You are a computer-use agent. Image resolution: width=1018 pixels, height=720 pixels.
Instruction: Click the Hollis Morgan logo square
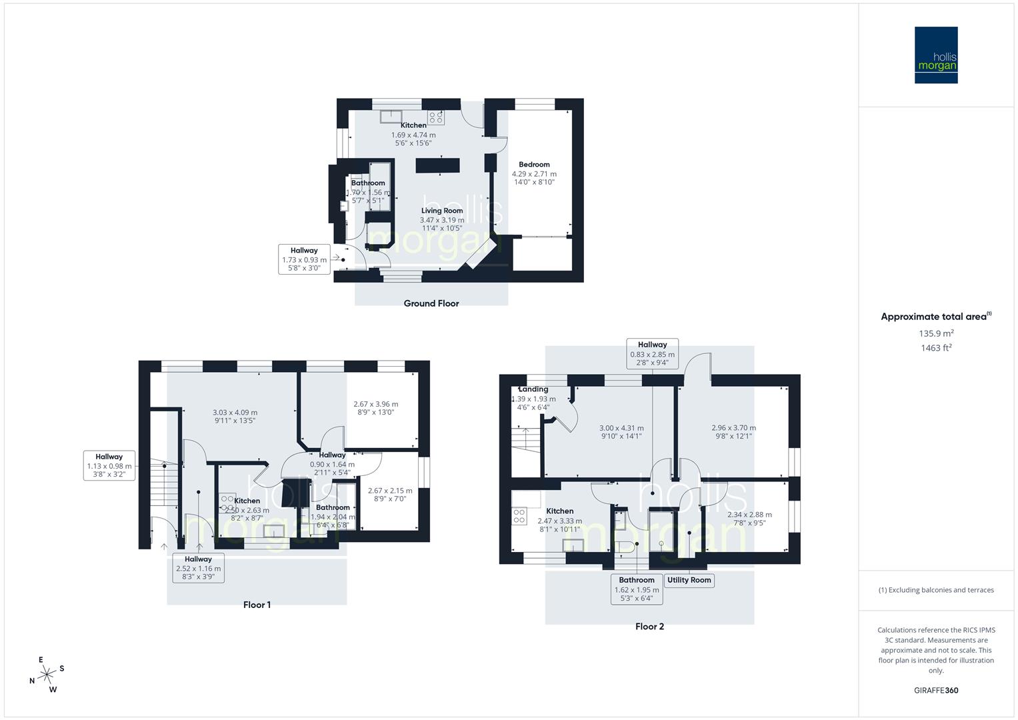tap(936, 55)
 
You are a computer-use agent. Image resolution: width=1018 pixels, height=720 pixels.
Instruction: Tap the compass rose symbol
tap(47, 675)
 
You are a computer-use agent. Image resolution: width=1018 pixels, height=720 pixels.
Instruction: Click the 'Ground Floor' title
tap(431, 303)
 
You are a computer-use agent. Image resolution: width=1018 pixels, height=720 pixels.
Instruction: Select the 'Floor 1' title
tap(257, 605)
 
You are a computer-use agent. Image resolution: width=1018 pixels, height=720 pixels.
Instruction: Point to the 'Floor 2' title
tap(649, 626)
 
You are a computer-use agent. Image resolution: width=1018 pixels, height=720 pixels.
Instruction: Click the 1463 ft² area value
tap(935, 347)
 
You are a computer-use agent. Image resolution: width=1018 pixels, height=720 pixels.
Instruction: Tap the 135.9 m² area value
tap(935, 333)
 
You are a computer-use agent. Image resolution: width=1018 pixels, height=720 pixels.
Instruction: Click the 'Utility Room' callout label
tap(689, 580)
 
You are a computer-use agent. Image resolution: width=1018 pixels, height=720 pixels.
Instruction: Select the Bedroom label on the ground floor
tap(534, 165)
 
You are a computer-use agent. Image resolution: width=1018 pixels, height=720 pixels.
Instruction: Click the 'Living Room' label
tap(441, 211)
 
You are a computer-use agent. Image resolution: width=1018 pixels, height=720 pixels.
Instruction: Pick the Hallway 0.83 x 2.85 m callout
tap(652, 353)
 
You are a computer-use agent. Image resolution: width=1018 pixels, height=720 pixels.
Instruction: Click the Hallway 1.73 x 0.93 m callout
tap(304, 259)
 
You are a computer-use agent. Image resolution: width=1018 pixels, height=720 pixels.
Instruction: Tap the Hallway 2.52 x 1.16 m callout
tap(198, 568)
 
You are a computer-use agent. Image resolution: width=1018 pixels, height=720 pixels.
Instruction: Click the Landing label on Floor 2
tap(533, 389)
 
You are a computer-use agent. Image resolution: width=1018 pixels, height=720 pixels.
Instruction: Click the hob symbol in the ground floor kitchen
tap(436, 118)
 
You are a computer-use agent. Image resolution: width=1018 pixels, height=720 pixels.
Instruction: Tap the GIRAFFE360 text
tap(935, 690)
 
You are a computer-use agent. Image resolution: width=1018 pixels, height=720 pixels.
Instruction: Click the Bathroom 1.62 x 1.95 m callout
tap(637, 589)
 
